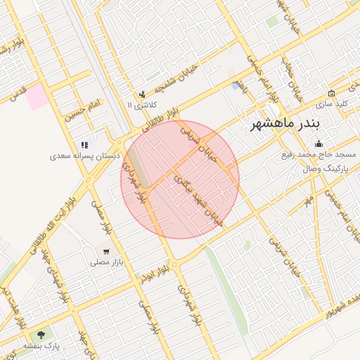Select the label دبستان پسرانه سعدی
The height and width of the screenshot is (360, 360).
[x=89, y=154]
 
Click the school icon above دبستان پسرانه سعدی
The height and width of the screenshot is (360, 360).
[x=85, y=144]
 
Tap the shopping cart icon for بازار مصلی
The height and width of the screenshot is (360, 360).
[x=105, y=251]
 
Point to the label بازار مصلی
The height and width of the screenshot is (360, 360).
[x=106, y=262]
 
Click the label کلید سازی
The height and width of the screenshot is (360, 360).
[x=333, y=103]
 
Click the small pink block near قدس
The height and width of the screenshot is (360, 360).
[x=38, y=97]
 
